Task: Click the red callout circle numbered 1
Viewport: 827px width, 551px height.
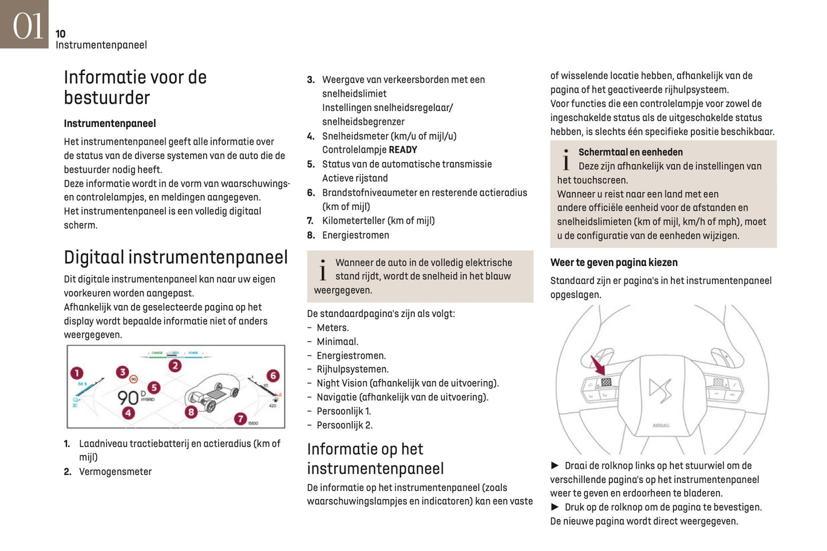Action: point(77,373)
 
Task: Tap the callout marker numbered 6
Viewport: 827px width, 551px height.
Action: point(273,375)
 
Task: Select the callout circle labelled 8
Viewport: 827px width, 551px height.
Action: point(191,411)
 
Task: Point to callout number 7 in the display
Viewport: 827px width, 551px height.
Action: point(240,419)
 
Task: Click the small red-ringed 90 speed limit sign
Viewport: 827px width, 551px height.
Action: point(133,379)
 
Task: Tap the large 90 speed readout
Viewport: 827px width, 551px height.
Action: point(128,397)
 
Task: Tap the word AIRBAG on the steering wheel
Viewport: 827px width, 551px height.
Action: point(661,426)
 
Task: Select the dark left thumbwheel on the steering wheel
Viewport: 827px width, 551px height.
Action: point(606,382)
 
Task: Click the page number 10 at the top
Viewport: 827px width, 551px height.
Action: point(61,34)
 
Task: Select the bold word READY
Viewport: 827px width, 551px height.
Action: point(403,150)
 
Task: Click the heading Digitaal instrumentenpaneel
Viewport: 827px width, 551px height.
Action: point(176,257)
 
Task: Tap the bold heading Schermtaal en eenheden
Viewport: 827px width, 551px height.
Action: point(630,152)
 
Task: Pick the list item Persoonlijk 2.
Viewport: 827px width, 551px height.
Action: point(344,425)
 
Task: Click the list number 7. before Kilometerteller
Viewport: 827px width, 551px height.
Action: point(310,221)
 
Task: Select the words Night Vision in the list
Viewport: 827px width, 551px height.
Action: point(342,383)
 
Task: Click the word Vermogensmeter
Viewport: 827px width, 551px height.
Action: point(115,471)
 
